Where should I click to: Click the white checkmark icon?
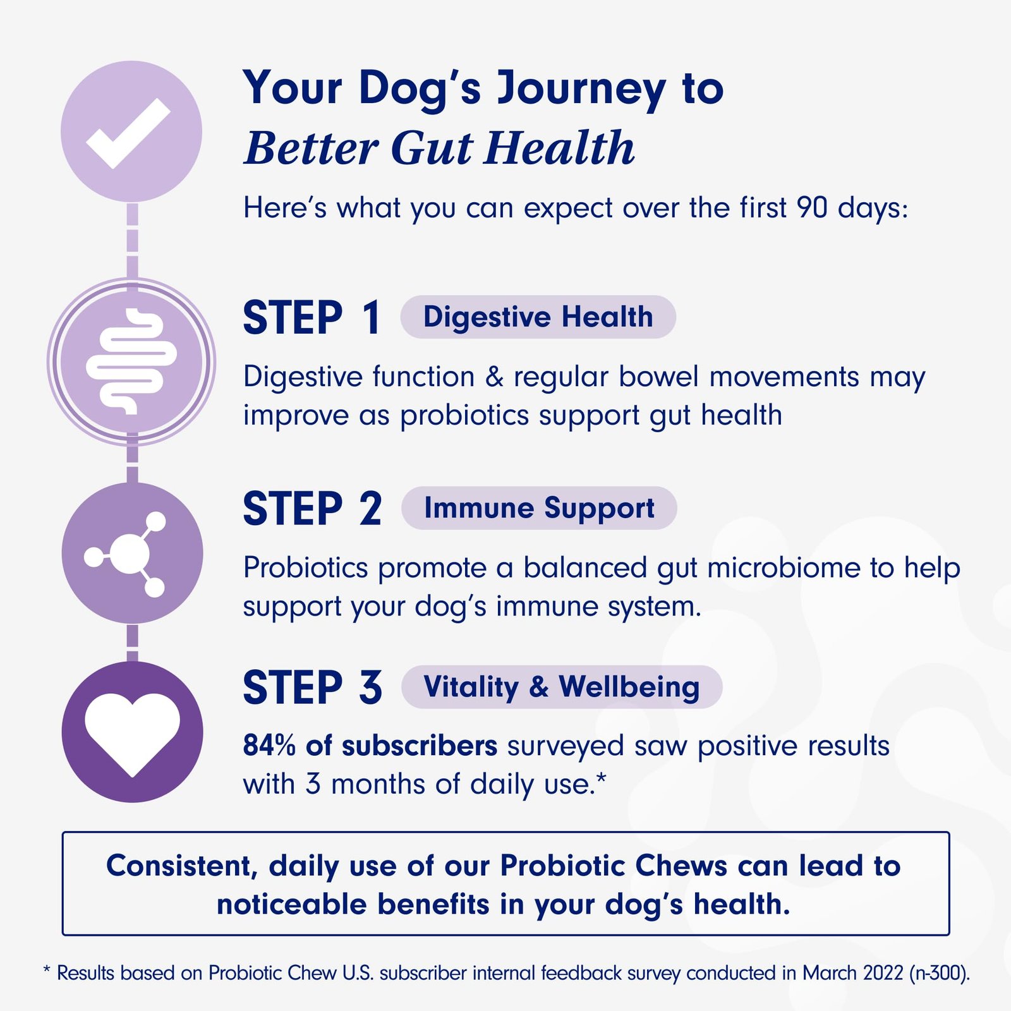coord(128,134)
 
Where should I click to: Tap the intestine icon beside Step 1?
coord(131,361)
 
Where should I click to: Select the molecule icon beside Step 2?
coord(126,554)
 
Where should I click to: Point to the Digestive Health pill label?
coord(538,317)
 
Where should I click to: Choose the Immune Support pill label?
coord(539,508)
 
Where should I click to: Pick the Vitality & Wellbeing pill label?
coord(562,687)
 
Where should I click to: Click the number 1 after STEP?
coord(371,317)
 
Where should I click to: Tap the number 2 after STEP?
coord(371,509)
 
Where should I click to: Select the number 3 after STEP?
coord(371,687)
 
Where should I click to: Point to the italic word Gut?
coord(432,148)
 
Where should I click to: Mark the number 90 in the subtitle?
coord(812,207)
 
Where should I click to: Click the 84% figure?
coord(269,746)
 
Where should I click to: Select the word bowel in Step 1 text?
coord(659,377)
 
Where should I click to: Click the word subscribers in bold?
coord(420,746)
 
